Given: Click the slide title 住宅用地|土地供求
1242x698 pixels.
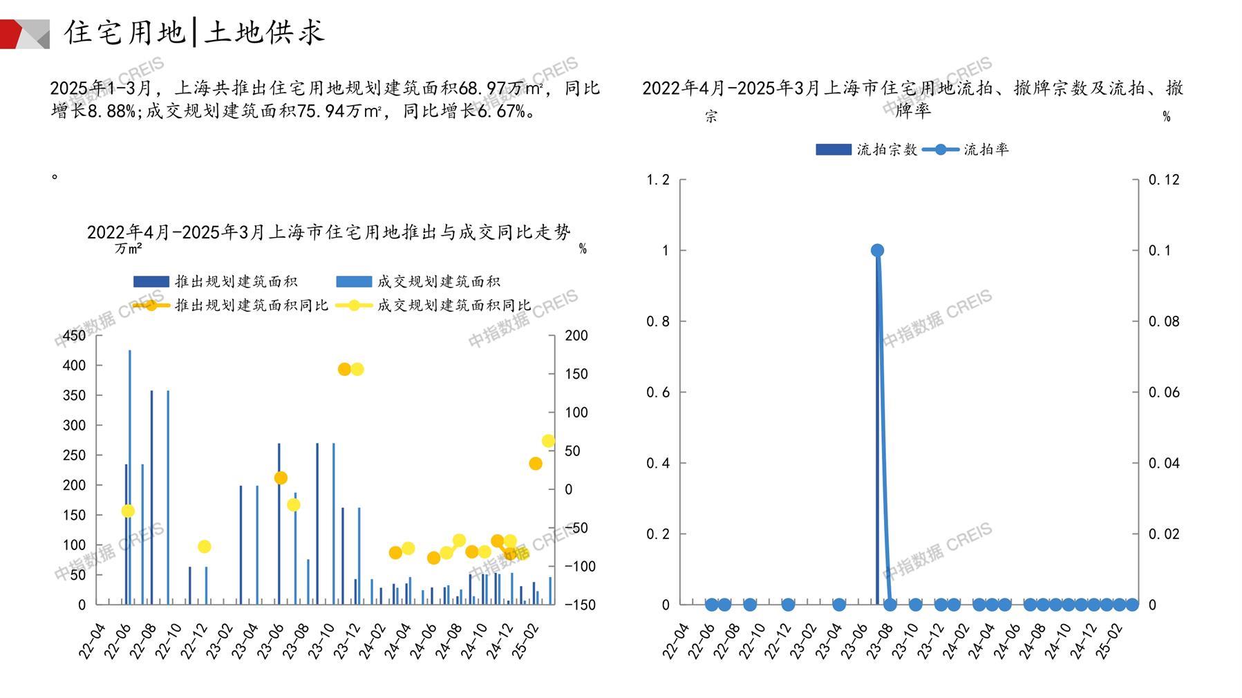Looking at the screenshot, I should click(194, 32).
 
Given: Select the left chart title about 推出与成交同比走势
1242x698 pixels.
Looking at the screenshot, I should click(329, 232).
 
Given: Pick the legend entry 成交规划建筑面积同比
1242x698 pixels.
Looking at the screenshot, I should click(453, 305).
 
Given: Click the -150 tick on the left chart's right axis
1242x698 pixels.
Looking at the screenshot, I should click(579, 605).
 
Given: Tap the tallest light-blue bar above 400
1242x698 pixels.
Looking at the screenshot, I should click(129, 477).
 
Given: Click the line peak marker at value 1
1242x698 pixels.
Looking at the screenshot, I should click(877, 250).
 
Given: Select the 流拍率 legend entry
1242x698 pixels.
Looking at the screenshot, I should click(986, 149).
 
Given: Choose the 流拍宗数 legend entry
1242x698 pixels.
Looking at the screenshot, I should click(887, 149).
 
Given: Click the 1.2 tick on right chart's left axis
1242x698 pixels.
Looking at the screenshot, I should click(658, 180).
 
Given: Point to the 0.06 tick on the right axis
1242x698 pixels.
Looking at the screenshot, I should click(1164, 392).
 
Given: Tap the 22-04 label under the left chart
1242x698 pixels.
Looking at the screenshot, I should click(93, 641).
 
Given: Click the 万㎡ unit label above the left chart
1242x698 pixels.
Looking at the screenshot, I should click(129, 248).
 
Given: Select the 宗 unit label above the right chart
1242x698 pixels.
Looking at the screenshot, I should click(711, 116).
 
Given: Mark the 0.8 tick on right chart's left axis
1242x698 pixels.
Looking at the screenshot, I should click(658, 321).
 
